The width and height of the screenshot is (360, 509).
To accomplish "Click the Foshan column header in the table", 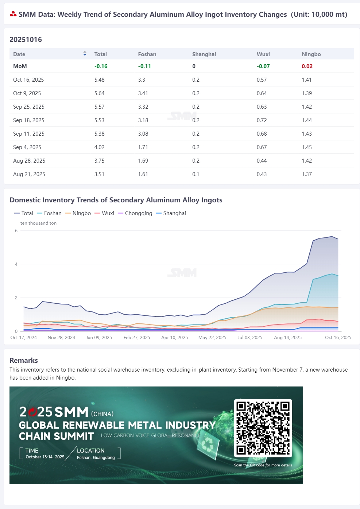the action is pos(147,54).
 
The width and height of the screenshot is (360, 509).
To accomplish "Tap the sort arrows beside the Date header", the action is pos(85,54).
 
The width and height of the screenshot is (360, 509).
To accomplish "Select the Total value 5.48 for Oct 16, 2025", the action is pos(99,80).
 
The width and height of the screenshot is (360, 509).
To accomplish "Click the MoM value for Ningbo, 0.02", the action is pos(307,66).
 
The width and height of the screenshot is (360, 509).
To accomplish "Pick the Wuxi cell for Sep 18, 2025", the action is pos(262,120).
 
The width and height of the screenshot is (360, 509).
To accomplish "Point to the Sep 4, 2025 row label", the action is pos(27,147).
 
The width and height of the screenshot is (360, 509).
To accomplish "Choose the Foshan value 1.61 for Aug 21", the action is pos(143,174).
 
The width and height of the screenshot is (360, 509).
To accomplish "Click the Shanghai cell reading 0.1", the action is pos(196,174).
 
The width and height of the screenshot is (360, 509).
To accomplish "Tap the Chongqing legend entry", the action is pos(135,213).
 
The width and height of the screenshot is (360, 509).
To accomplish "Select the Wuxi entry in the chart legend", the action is pos(104,213).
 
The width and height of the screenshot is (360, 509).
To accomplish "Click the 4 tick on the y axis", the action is pos(16,264).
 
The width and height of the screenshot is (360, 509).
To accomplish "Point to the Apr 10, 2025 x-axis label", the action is pos(175,337).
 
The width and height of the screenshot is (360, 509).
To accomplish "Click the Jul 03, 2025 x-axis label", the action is pos(250,337).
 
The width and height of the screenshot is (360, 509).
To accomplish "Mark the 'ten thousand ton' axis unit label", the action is pos(38,223).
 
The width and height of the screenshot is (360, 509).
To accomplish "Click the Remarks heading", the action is pos(24,360).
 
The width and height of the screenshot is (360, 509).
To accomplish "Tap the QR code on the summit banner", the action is pos(263,428).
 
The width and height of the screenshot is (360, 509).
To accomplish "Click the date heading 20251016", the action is pos(26,39).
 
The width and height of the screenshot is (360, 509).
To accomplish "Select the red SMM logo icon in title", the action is pos(13,14).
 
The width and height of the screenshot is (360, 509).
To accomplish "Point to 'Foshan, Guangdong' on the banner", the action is pos(96,458).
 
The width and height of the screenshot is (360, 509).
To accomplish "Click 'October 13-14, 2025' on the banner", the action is pos(45,457).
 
